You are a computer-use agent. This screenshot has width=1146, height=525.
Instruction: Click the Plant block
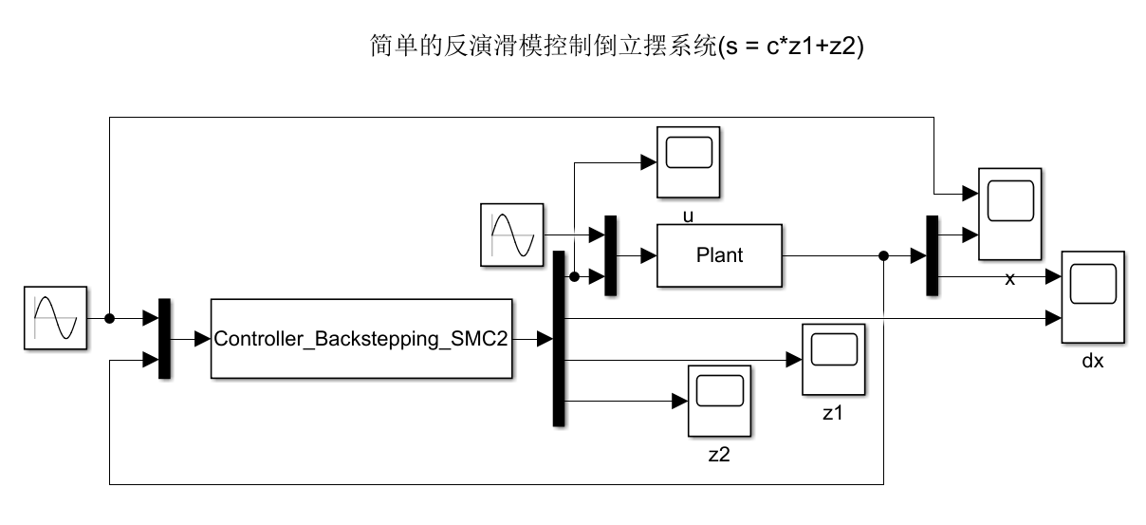[719, 255]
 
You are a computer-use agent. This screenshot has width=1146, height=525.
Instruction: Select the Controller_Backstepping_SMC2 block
[360, 338]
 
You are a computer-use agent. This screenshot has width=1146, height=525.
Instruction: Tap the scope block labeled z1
[833, 360]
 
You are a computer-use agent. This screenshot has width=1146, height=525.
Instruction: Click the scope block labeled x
[1009, 214]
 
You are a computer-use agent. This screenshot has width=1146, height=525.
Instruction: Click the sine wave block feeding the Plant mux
[512, 234]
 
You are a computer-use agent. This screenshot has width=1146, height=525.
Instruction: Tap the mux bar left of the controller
[164, 338]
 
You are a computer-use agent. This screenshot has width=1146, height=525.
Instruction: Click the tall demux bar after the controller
[558, 338]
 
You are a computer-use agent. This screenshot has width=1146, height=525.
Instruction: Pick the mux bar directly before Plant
[610, 255]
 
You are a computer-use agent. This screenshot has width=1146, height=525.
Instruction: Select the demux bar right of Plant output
[932, 255]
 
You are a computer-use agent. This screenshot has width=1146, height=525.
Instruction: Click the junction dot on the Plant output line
[884, 255]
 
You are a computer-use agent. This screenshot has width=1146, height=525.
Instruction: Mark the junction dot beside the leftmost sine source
[110, 318]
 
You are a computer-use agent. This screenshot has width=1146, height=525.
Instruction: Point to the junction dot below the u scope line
[574, 276]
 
